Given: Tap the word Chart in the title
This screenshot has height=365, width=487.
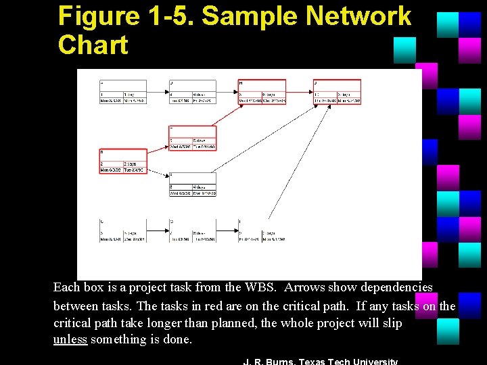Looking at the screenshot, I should click(93, 45).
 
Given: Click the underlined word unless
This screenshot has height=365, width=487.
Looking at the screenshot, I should click(70, 339).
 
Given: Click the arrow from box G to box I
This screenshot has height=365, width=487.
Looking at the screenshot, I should click(227, 230).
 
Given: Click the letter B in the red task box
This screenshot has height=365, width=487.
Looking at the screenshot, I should click(101, 152).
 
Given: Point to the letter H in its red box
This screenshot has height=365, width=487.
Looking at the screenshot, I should click(241, 83).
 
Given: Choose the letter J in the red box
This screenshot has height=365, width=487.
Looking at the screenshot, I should click(316, 83).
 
